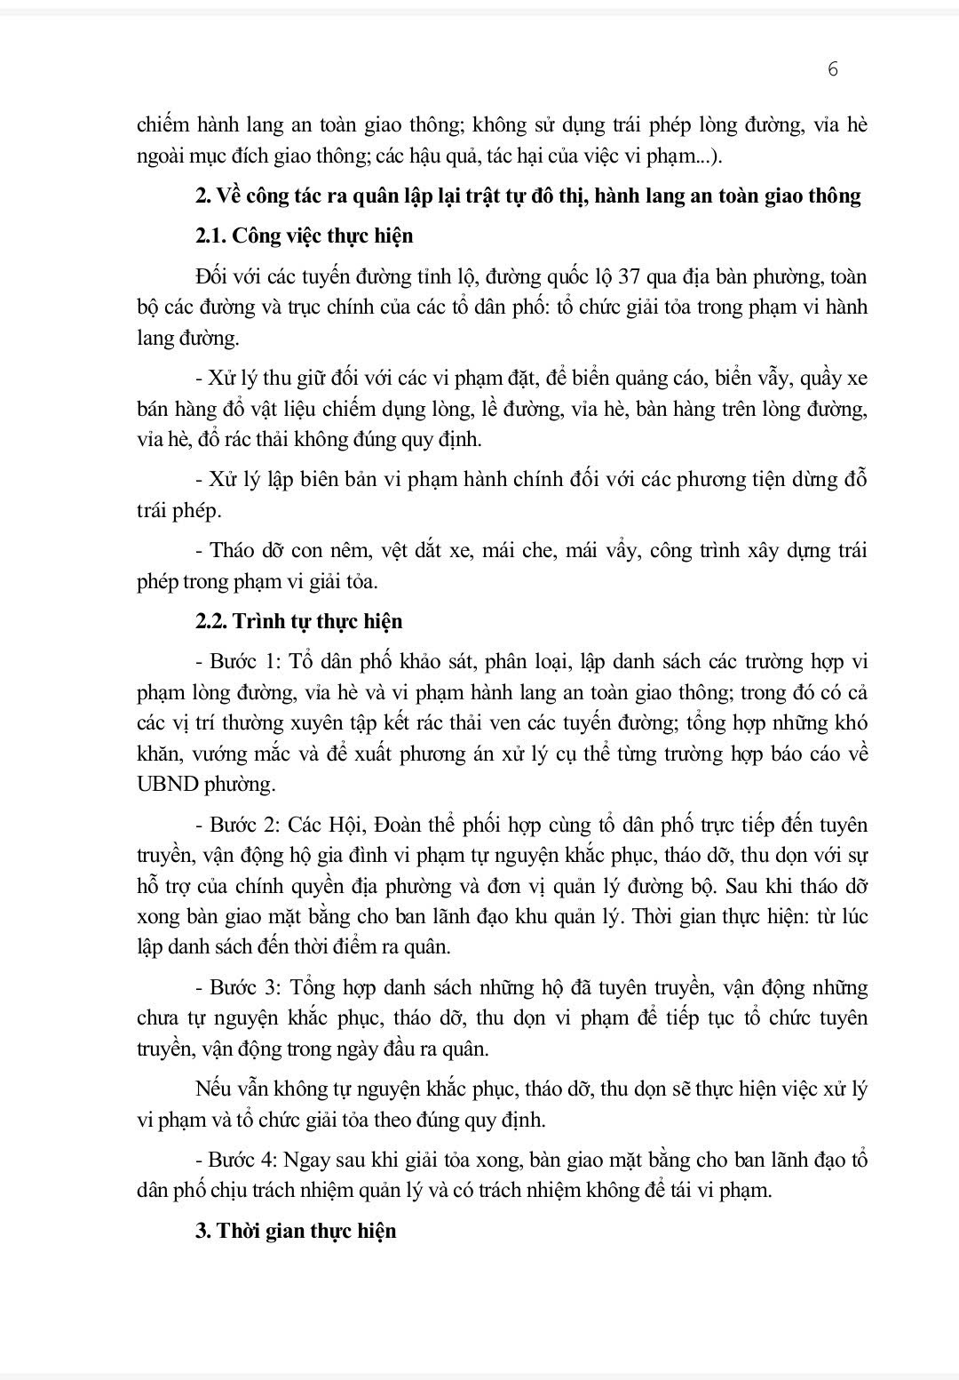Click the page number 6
point(832,69)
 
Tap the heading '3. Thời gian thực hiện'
point(296,1231)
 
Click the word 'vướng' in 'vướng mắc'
point(214,754)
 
